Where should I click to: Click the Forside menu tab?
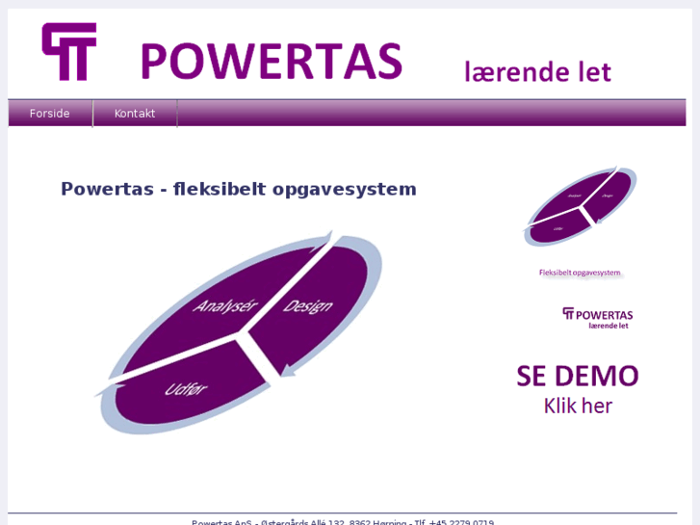click(50, 114)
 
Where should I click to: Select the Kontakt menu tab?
click(135, 114)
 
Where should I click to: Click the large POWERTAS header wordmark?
click(271, 62)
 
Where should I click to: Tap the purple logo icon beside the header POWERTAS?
click(69, 52)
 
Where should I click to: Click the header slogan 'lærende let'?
click(537, 72)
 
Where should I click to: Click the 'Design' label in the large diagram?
click(307, 306)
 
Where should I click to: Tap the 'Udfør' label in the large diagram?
click(186, 389)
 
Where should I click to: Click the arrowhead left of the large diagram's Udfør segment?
click(104, 390)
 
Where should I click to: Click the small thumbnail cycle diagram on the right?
click(580, 207)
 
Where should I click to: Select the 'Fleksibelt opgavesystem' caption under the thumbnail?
click(580, 273)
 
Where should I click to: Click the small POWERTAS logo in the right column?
click(597, 318)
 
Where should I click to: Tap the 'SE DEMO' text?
click(578, 376)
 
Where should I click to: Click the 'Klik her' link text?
click(578, 406)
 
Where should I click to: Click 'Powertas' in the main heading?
click(107, 189)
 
